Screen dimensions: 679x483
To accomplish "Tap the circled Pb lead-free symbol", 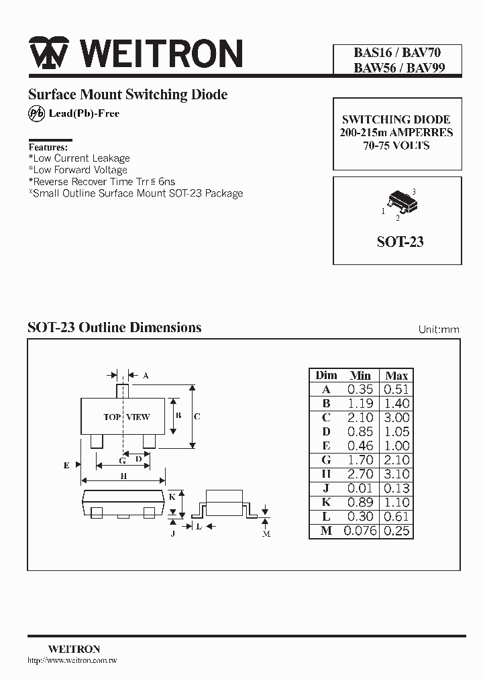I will tap(36, 114).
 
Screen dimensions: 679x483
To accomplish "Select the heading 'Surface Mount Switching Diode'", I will tap(127, 95).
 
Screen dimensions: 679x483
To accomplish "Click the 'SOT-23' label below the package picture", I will tap(400, 242).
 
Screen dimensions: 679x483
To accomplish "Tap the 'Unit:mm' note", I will tap(439, 329).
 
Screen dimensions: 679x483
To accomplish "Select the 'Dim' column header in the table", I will tap(326, 375).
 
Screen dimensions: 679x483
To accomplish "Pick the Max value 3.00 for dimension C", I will tap(396, 417).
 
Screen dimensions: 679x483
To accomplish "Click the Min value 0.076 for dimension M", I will tap(361, 531).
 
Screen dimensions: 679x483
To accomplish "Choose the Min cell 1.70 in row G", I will tap(361, 460).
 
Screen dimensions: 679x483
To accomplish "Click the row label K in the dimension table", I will tap(326, 503).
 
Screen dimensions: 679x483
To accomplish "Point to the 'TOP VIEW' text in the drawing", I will tap(127, 417).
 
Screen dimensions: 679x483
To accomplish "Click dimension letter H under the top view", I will tap(123, 476).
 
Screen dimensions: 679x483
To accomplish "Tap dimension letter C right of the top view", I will tap(197, 416).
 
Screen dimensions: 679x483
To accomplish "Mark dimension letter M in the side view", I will tap(266, 533).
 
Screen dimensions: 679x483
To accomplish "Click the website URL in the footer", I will tap(72, 661).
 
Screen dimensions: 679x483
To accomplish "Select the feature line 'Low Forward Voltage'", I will tap(80, 170).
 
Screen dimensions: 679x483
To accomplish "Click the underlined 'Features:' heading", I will tap(48, 147).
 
